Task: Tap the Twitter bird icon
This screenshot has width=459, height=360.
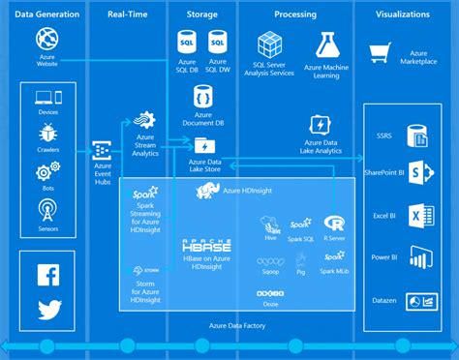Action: [x=48, y=310]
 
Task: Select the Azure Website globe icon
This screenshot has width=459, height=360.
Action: [x=48, y=40]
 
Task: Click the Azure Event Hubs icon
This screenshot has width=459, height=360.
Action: [x=101, y=150]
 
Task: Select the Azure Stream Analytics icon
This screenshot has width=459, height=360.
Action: [x=144, y=121]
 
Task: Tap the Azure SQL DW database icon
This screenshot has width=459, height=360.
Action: [x=219, y=43]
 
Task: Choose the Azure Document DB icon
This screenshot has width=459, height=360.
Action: [x=203, y=96]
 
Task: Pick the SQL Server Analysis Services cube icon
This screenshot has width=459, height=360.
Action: [x=269, y=44]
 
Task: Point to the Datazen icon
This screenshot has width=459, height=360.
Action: [x=419, y=301]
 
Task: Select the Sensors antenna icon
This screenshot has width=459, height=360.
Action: [x=48, y=209]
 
